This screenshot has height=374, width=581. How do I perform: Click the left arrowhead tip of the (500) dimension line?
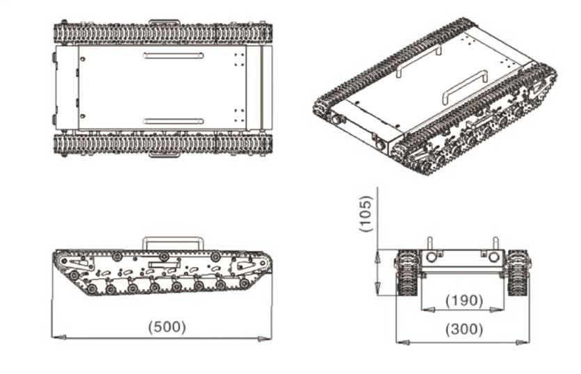tap(52, 337)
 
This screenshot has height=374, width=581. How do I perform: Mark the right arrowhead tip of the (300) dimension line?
tap(529, 342)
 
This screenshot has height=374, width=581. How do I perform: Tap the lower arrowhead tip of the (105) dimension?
tap(377, 295)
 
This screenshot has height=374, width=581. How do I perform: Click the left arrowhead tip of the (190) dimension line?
tap(421, 309)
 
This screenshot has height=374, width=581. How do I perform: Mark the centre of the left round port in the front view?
tap(431, 257)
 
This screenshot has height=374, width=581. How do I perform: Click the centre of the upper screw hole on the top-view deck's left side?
tap(82, 58)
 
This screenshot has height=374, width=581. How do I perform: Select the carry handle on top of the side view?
tap(173, 243)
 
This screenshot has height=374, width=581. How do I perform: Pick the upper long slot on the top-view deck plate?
tap(173, 56)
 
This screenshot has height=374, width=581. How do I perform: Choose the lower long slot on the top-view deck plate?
tap(173, 121)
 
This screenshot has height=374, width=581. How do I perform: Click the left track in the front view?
tap(407, 273)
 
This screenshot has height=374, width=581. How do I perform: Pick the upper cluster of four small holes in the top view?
tap(239, 60)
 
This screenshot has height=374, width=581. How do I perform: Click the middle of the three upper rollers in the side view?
tap(164, 257)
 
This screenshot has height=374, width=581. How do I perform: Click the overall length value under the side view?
tap(167, 327)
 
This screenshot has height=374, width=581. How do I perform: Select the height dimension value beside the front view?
tap(366, 214)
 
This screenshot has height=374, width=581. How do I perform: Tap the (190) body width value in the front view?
tap(464, 300)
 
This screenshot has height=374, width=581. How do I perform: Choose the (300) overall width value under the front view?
tap(464, 330)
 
